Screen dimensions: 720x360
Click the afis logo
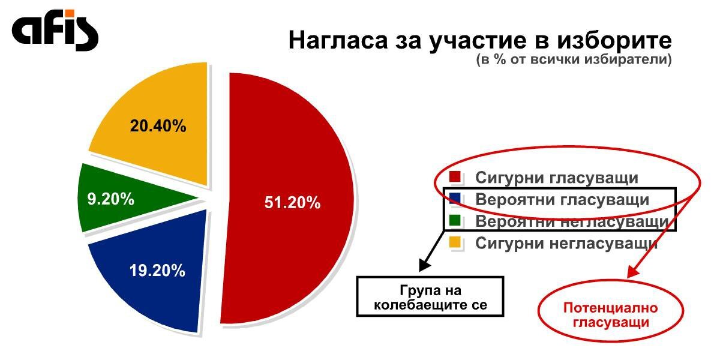55,30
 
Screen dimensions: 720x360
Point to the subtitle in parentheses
574,60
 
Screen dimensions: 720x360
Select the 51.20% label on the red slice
293,203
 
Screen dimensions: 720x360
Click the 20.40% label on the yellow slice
158,125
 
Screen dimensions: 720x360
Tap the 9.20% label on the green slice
110,199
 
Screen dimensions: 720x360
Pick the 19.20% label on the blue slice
157,271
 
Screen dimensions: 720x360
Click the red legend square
455,177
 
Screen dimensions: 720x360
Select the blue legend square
455,199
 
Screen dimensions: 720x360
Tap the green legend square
455,221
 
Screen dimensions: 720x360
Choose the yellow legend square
455,242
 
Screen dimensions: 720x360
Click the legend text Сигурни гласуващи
557,178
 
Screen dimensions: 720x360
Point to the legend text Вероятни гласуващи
562,200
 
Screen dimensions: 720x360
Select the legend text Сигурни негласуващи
566,244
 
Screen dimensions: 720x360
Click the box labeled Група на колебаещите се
430,296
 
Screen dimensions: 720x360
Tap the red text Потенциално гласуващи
611,315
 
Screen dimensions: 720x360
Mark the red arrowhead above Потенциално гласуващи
632,272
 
